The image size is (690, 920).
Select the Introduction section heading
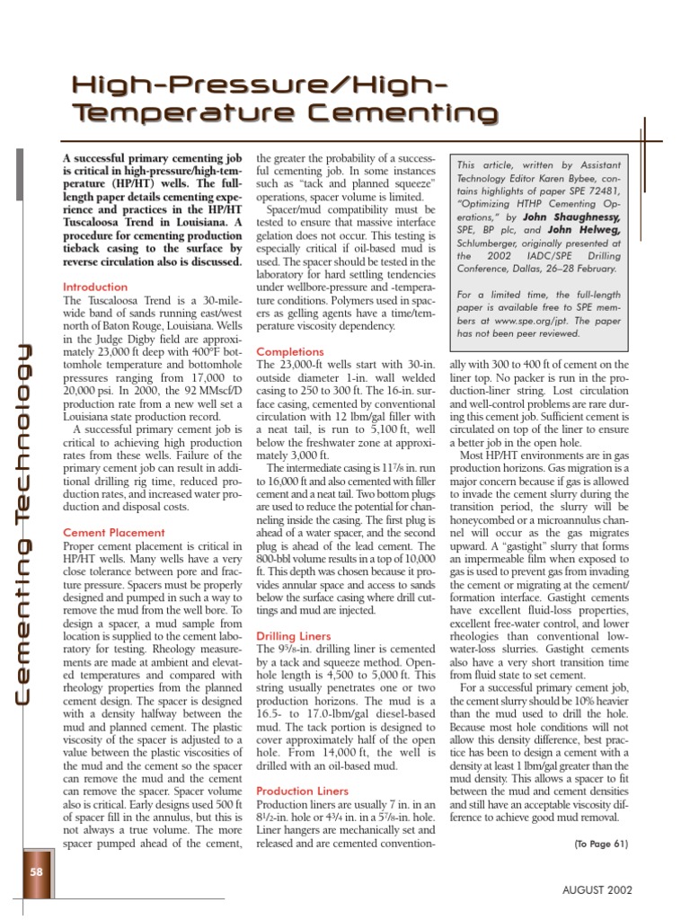[x=95, y=287]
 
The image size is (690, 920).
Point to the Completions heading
[x=290, y=352]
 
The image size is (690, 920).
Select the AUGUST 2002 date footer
[x=597, y=889]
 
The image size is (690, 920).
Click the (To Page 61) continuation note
[x=599, y=844]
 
